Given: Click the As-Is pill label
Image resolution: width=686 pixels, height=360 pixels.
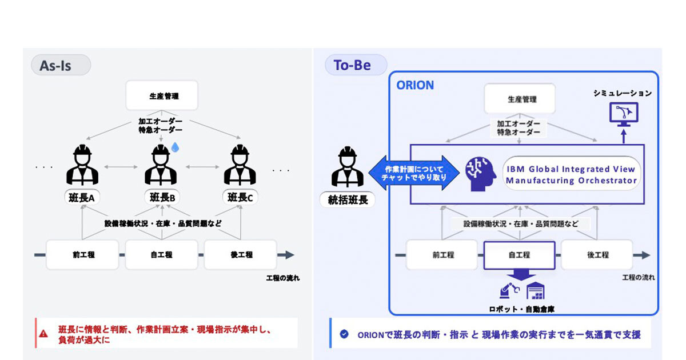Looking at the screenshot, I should coord(60,65).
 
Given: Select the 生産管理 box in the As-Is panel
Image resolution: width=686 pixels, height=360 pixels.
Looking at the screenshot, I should coord(162,95).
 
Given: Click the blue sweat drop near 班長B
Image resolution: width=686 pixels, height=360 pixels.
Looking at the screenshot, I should coord(176,147).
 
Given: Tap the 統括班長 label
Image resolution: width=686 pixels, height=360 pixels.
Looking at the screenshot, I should coord(348,200).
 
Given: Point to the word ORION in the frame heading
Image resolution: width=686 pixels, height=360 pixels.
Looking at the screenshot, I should coord(415,85).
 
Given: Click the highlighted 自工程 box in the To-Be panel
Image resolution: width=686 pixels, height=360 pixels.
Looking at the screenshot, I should coord(519,255).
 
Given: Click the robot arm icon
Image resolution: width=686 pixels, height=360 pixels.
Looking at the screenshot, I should coord(508,291).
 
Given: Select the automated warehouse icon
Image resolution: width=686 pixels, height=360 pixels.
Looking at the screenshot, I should coord(536,291).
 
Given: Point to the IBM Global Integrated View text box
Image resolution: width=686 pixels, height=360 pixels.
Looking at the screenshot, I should coord(571,174).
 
